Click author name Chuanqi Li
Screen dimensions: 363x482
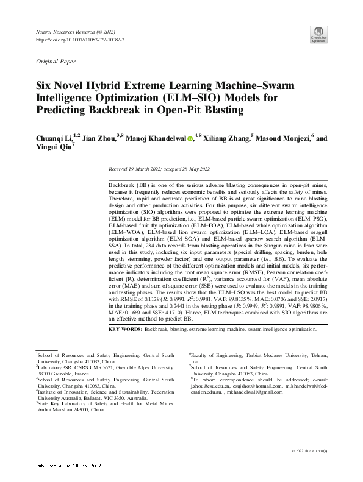(x=54, y=139)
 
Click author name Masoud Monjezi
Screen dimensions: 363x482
(x=282, y=139)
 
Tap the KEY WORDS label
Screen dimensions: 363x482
(x=125, y=329)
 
